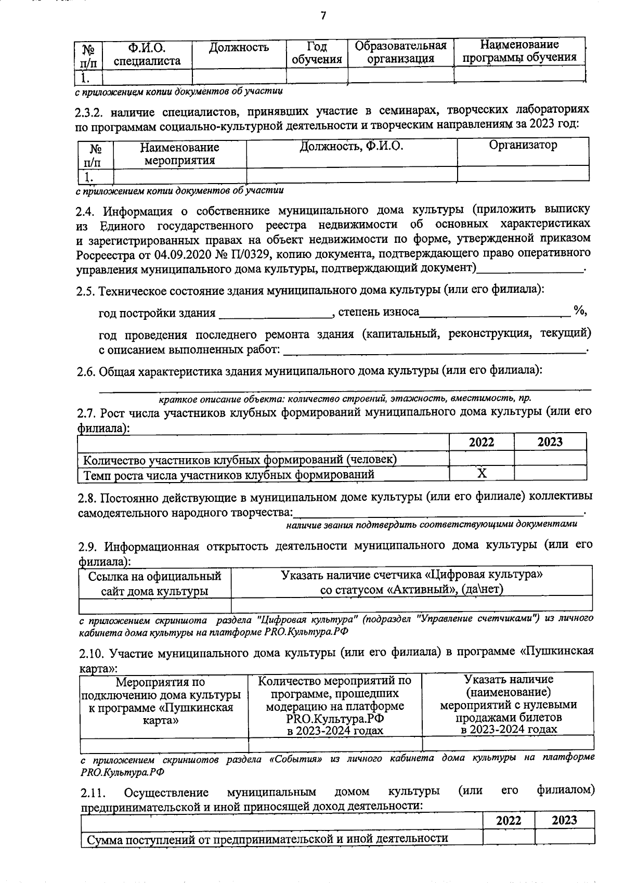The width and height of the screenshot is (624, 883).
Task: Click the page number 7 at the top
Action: (x=322, y=15)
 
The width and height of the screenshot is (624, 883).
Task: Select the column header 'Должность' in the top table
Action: (x=239, y=48)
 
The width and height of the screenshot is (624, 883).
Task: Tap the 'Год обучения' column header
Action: (x=317, y=53)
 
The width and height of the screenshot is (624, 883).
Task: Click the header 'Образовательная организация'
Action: (x=400, y=52)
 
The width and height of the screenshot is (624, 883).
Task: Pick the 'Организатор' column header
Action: (x=523, y=145)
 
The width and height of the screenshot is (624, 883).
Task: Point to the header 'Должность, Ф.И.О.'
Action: (x=352, y=146)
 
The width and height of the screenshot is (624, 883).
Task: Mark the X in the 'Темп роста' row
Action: (x=482, y=473)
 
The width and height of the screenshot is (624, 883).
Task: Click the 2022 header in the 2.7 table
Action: (x=482, y=442)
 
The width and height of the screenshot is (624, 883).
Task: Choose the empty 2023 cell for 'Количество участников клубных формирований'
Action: (x=550, y=458)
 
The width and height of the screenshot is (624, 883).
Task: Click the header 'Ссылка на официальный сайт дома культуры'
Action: (x=154, y=583)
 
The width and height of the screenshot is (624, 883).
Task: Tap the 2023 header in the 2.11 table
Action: (x=564, y=820)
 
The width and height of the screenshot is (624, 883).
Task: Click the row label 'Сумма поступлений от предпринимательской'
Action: (x=267, y=838)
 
